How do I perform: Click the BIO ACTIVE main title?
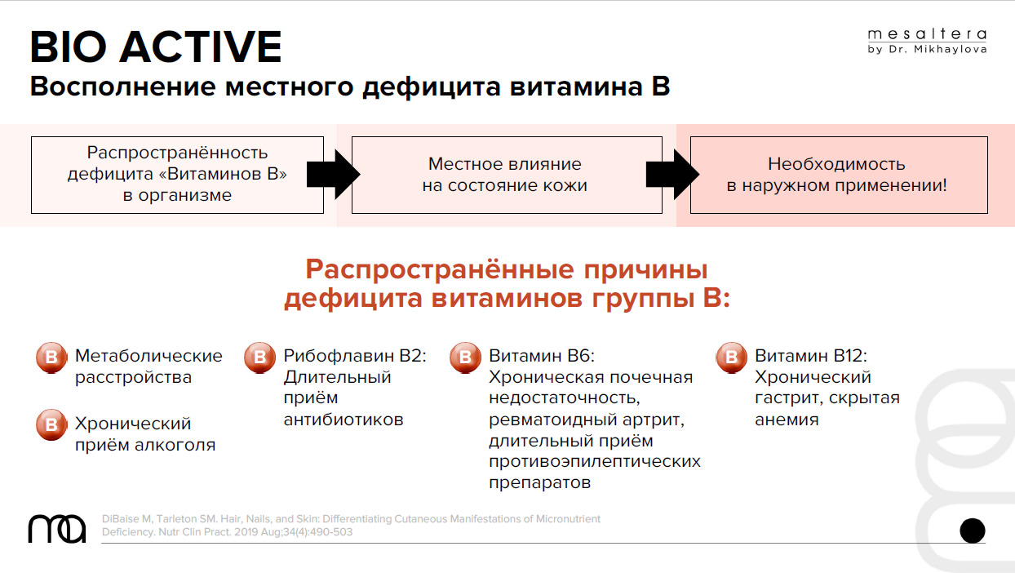coord(156,47)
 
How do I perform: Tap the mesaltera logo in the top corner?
coord(927,42)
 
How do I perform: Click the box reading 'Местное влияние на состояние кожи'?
coord(507,175)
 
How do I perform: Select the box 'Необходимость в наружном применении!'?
coord(839,175)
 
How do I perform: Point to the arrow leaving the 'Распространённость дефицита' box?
coord(334,175)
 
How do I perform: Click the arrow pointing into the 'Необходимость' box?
coord(672,175)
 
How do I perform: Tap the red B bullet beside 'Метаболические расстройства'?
coord(51,358)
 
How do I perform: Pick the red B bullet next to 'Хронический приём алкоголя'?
coord(51,424)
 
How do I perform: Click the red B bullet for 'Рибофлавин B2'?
coord(259,358)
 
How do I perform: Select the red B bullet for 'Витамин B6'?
coord(465,358)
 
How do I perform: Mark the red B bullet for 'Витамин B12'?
coord(731,358)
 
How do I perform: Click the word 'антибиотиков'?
coord(344,420)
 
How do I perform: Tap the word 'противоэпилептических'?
coord(595,462)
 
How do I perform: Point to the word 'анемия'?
coord(787,420)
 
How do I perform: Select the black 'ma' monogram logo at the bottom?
coord(57,529)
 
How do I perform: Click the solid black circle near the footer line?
coord(973,531)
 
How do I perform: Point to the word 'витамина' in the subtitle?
coord(576,87)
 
